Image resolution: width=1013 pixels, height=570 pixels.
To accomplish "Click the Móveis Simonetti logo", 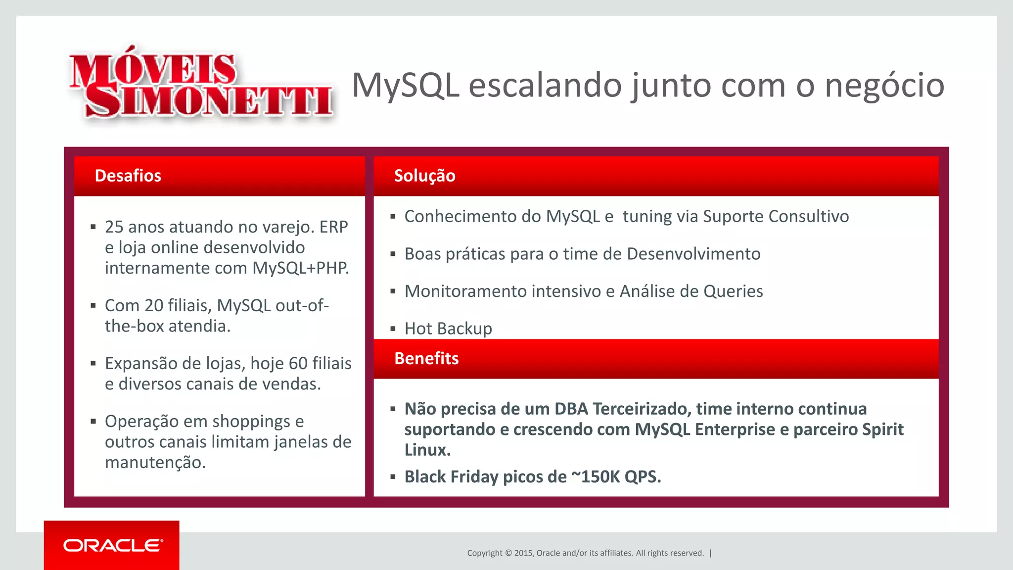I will tap(201, 84).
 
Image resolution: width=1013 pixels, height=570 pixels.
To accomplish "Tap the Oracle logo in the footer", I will tap(112, 545).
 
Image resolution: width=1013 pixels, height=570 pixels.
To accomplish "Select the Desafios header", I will tap(128, 176).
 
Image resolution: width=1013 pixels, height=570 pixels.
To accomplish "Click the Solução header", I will tap(424, 176).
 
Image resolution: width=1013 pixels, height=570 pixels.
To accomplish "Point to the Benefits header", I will tap(426, 358).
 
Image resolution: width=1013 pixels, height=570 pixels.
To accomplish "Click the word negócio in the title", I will tap(884, 85).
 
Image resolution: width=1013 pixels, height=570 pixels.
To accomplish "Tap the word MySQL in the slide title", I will tap(406, 85).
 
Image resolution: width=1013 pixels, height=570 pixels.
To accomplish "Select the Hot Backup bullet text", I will tap(448, 329).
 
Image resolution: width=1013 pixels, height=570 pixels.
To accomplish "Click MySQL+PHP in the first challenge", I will tap(300, 268).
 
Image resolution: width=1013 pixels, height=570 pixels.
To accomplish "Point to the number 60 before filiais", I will tap(298, 363).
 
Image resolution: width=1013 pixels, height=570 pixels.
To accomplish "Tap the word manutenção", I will tap(155, 462).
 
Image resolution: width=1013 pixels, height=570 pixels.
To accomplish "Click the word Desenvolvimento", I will tap(693, 254).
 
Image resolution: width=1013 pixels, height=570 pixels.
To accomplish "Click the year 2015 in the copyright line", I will tap(523, 553).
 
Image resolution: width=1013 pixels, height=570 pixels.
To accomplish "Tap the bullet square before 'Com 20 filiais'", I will tap(93, 306).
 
